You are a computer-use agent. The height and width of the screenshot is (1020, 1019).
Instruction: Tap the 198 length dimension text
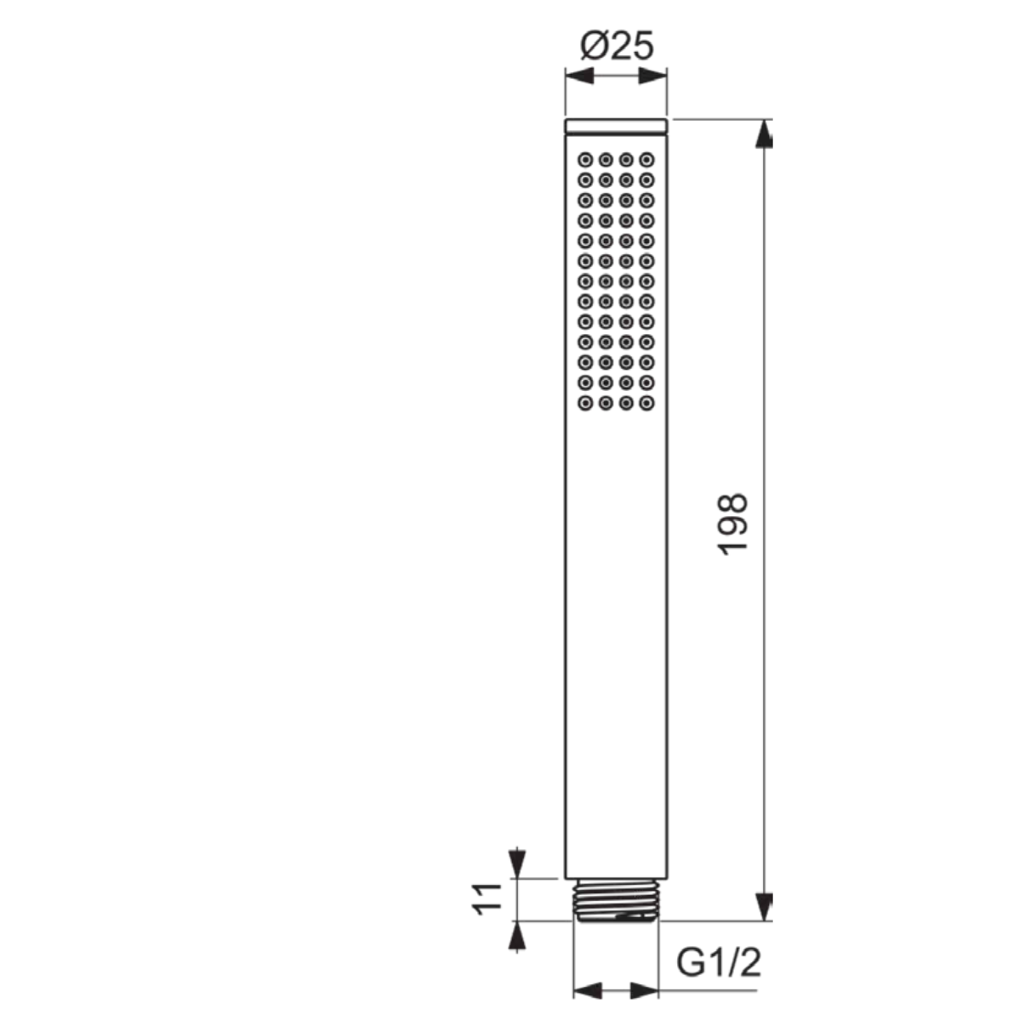[x=732, y=524]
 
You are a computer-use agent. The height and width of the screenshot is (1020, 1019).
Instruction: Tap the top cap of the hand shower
[x=617, y=126]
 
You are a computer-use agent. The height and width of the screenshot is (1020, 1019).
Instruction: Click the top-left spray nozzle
[x=585, y=160]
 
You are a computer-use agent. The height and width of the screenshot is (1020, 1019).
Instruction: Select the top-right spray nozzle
[x=646, y=160]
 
